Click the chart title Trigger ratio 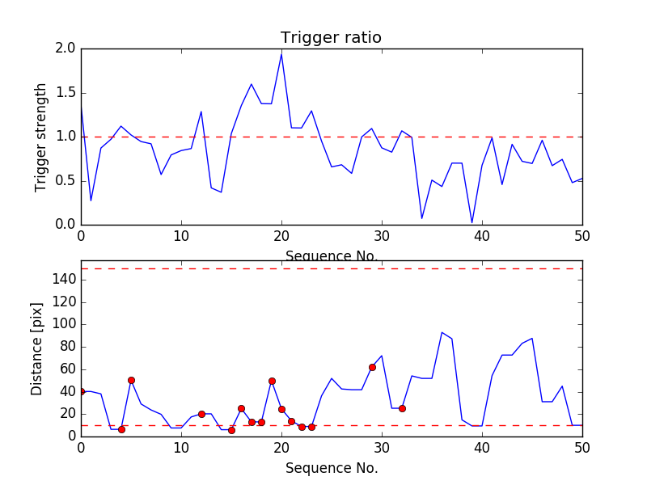(x=331, y=38)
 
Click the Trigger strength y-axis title (x=41, y=137)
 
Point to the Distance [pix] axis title (x=37, y=348)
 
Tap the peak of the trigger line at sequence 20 (x=281, y=53)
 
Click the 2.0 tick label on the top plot (x=66, y=48)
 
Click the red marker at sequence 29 (x=372, y=367)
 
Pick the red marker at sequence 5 (x=131, y=380)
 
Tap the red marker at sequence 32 (x=402, y=408)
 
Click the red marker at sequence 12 (x=201, y=414)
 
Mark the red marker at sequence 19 (x=272, y=381)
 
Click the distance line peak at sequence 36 (x=442, y=332)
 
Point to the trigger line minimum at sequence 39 (x=472, y=222)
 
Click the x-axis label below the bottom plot (x=331, y=468)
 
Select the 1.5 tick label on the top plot (x=66, y=93)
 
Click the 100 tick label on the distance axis (x=63, y=324)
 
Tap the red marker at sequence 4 (x=121, y=429)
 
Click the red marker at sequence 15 (x=231, y=430)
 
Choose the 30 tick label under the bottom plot (x=382, y=448)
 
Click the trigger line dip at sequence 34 (x=422, y=218)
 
